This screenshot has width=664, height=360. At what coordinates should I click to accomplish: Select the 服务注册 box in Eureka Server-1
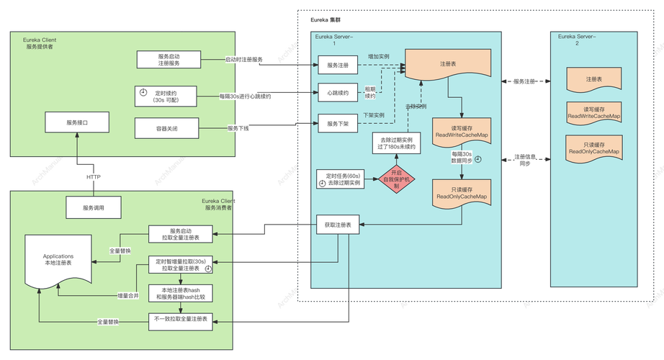point(338,66)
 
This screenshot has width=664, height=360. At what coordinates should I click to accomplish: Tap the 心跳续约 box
point(338,92)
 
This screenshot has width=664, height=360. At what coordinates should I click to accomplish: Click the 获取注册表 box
point(338,225)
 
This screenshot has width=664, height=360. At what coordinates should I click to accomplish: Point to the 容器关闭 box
point(166,128)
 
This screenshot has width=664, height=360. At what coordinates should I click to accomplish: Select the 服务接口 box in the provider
point(76,122)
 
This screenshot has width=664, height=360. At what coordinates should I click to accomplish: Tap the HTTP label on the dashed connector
point(94,176)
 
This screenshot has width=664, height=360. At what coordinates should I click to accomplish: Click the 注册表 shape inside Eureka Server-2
point(594,79)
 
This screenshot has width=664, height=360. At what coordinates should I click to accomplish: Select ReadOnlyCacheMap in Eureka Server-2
point(594,148)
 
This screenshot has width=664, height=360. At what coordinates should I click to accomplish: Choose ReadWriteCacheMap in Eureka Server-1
point(461,132)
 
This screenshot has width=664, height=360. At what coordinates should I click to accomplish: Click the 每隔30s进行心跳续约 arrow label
point(246,96)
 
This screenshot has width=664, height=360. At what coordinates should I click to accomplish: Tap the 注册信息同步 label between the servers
point(524,160)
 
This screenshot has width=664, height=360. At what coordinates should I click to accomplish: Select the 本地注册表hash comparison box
point(181,293)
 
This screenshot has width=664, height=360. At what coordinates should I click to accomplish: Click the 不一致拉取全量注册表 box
point(181,318)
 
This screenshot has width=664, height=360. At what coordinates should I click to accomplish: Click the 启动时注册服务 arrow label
point(245,59)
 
